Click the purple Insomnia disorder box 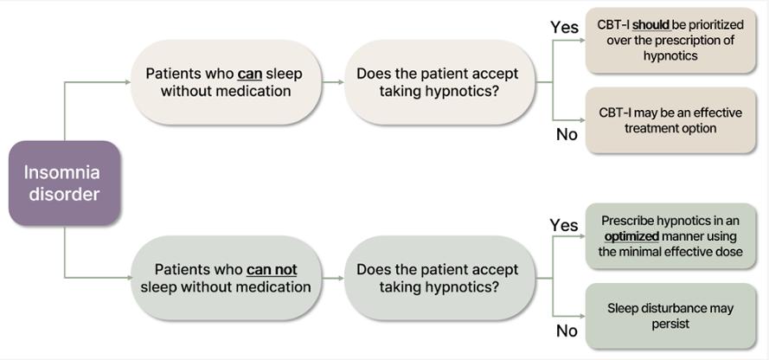[64, 183]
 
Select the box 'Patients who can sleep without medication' [226, 82]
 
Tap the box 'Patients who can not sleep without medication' [226, 278]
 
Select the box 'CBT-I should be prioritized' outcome [670, 40]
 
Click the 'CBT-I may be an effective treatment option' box [670, 120]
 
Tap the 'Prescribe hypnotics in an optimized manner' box [670, 236]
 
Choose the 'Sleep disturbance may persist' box [670, 316]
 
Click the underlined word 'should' [651, 24]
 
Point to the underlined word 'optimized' [631, 236]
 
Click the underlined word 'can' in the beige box [250, 74]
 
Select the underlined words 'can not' [272, 270]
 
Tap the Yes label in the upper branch [564, 27]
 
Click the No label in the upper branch [567, 134]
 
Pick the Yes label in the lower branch [564, 225]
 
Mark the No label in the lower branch [567, 331]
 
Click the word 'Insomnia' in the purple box [61, 172]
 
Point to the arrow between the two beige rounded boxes [334, 82]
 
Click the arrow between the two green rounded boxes [334, 278]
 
